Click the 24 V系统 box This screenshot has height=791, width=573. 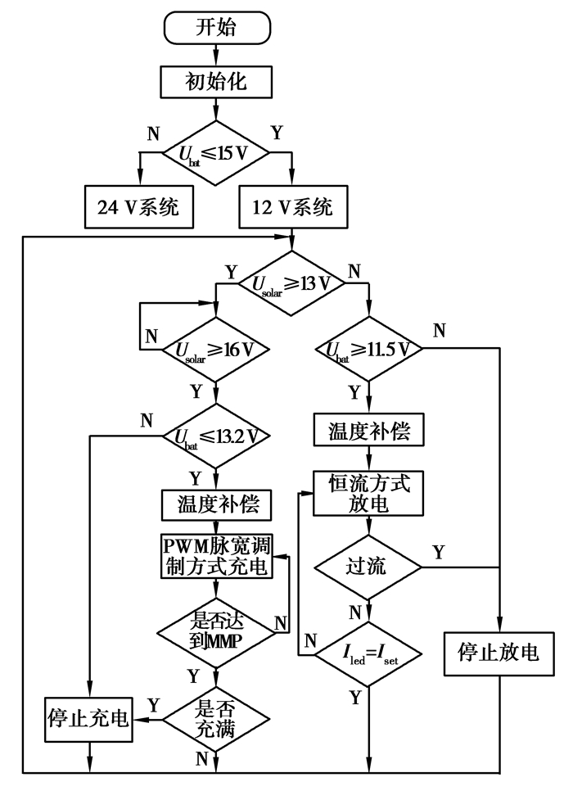tap(138, 207)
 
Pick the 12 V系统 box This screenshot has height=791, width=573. tap(292, 207)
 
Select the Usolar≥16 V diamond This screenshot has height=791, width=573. tap(215, 350)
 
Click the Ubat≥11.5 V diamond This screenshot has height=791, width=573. tap(368, 350)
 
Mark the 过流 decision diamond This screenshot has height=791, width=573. tap(368, 566)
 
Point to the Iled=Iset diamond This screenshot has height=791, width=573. tap(368, 653)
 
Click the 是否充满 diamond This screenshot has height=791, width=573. tap(215, 717)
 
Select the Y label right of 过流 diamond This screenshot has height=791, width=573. tap(438, 552)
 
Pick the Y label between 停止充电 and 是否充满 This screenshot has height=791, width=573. tap(151, 704)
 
